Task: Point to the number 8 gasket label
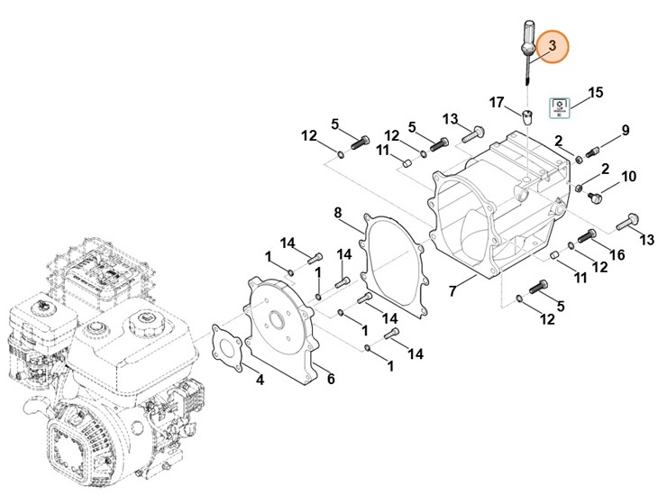[338, 213]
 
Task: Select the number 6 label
[331, 379]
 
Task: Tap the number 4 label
[260, 381]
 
